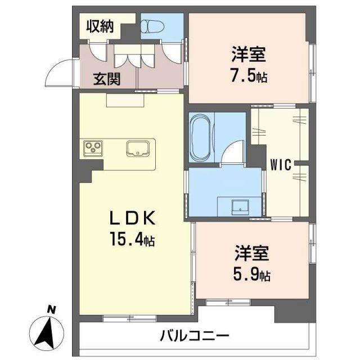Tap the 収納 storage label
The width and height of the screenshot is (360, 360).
tap(100, 26)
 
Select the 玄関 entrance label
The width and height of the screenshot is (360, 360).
tap(107, 79)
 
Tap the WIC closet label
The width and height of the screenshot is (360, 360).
tap(280, 165)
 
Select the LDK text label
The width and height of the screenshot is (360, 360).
tap(132, 218)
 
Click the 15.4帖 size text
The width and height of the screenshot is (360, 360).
tap(132, 240)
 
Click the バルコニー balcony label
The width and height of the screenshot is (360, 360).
tap(194, 336)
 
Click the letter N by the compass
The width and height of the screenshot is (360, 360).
tap(51, 309)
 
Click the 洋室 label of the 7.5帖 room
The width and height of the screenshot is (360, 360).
tap(247, 56)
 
